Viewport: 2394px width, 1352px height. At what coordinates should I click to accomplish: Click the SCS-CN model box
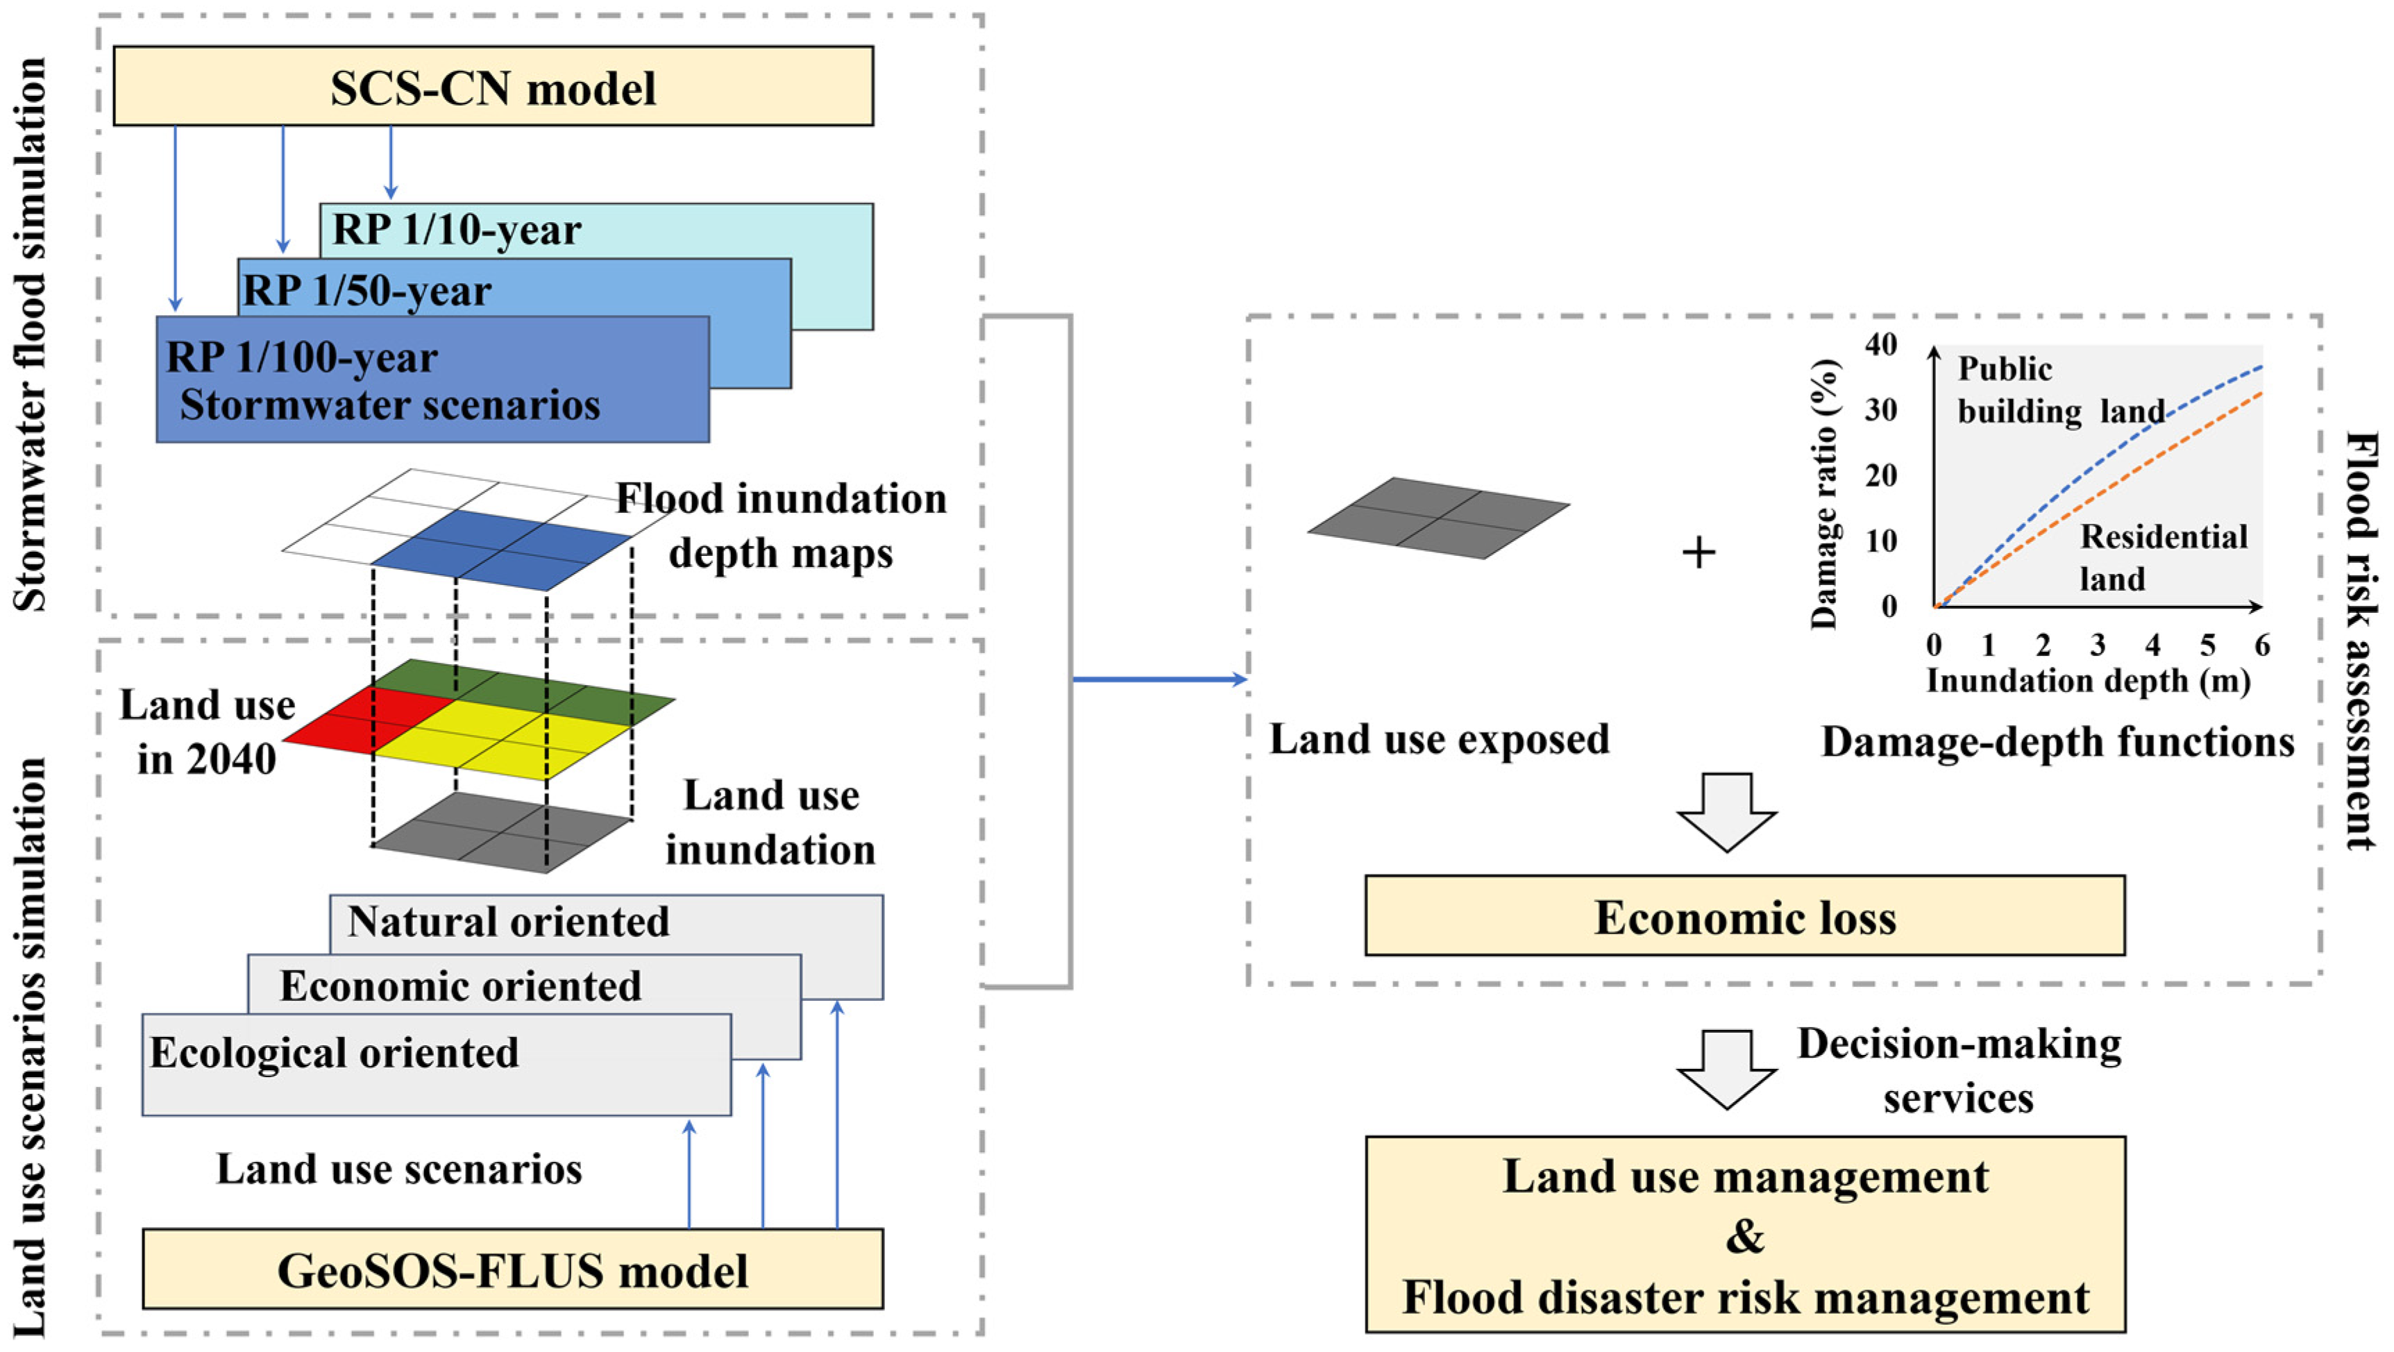pos(493,87)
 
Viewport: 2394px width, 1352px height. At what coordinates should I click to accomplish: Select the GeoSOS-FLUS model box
pos(512,1269)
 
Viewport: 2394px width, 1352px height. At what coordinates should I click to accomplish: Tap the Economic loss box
pos(1744,916)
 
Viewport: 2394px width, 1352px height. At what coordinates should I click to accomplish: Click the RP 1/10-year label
pos(456,230)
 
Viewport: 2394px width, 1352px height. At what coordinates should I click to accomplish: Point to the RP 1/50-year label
pos(367,291)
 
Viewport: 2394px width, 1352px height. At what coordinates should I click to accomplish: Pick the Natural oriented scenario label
pos(508,922)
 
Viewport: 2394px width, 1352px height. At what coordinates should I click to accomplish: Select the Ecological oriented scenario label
pos(335,1053)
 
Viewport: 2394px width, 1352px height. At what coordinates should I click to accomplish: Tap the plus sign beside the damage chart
pos(1698,553)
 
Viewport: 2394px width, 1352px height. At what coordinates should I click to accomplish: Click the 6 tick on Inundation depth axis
pos(2262,645)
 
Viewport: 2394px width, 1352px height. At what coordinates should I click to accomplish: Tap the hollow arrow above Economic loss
pos(1727,812)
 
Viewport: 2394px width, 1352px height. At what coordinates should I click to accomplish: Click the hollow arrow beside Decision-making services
pos(1727,1069)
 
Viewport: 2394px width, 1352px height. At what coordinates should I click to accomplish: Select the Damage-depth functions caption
pos(2057,741)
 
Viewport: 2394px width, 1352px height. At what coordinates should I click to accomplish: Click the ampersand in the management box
pos(1744,1237)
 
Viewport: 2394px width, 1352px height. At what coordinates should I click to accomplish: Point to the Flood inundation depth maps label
pos(781,525)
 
